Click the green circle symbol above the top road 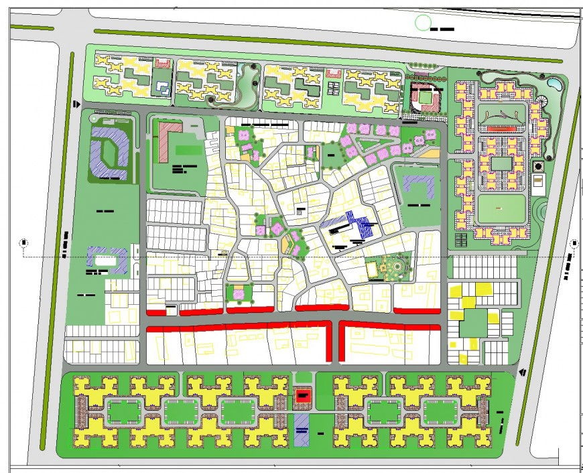pos(422,23)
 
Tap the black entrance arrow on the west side pos(78,104)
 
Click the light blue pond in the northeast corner pos(554,84)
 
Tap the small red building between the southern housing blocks pos(304,397)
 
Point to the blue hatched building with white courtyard pos(108,260)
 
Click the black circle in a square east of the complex pos(537,165)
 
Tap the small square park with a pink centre pos(239,293)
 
